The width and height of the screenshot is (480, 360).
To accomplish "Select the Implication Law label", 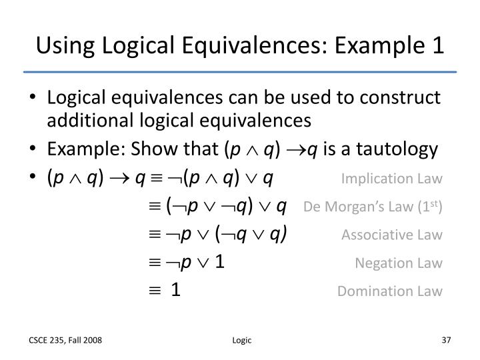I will (x=391, y=179).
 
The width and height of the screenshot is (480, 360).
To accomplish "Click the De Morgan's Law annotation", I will (x=373, y=207).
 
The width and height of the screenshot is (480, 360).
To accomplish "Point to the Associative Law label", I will (x=392, y=235).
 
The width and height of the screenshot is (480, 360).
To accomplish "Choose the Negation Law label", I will (x=399, y=263).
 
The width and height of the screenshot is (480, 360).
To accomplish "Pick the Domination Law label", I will (x=389, y=291).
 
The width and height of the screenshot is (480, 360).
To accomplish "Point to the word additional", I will (x=83, y=121).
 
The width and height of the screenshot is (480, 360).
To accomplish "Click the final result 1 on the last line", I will (x=175, y=290).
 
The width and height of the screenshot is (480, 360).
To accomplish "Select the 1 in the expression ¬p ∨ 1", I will (x=219, y=262).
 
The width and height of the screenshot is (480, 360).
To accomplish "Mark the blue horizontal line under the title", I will (x=240, y=71).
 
